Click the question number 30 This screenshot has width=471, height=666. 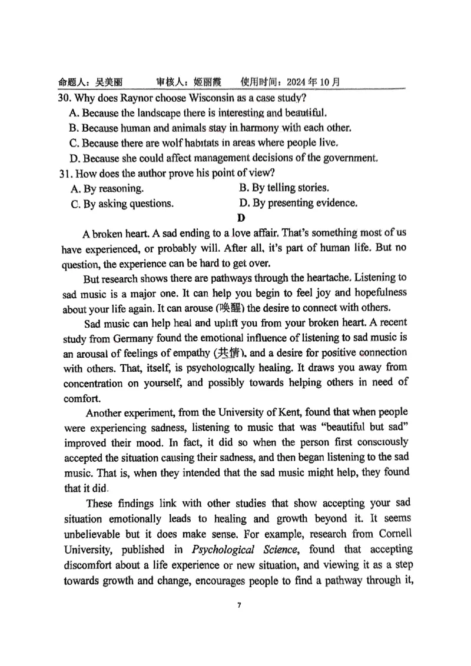(64, 98)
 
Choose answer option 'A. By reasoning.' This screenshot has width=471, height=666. (106, 189)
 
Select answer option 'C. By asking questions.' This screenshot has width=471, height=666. (122, 204)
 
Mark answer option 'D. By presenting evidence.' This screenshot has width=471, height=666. (298, 204)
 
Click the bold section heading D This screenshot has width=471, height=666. (240, 218)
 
